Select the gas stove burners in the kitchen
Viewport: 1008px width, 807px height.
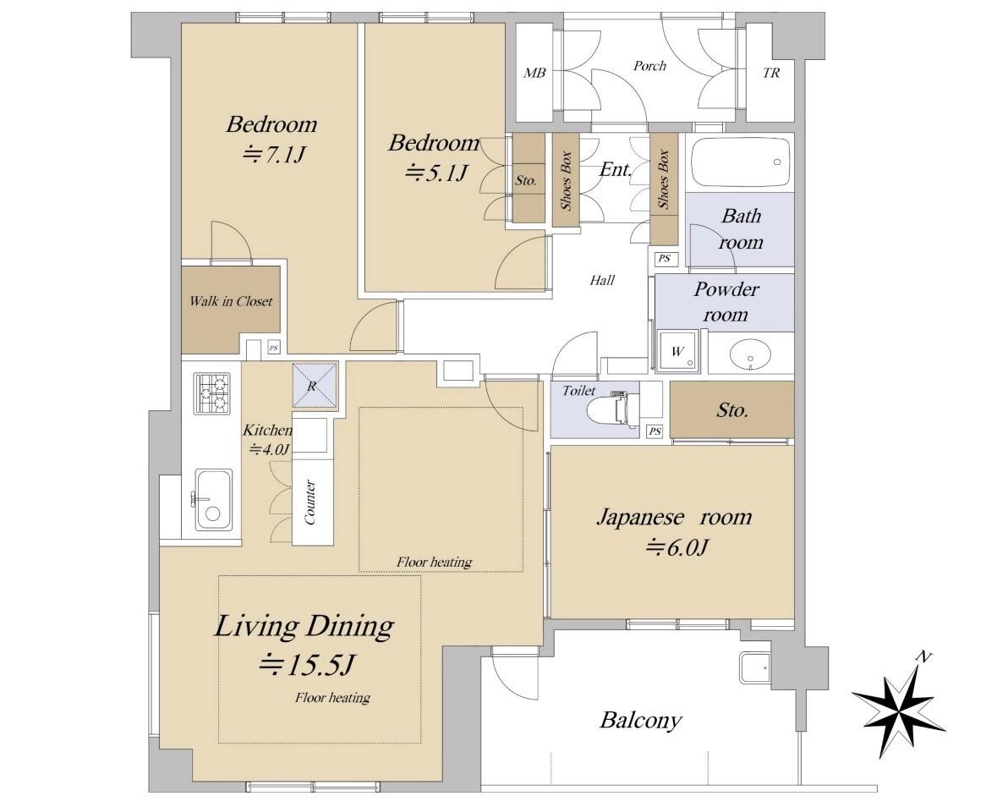(x=213, y=393)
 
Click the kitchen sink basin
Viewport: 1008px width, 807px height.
(x=213, y=500)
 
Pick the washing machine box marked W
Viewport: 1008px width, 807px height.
(x=677, y=352)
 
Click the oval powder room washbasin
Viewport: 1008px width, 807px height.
(x=749, y=354)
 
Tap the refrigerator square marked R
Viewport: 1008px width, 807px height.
(x=315, y=386)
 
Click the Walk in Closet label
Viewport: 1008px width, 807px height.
(x=231, y=301)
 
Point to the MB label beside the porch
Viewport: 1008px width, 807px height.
(x=534, y=73)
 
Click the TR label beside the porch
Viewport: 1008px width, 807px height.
(x=770, y=73)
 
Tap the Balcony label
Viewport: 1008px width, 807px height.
(x=640, y=720)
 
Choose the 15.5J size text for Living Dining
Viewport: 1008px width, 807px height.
(x=307, y=665)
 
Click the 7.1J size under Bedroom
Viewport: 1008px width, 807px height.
(x=272, y=154)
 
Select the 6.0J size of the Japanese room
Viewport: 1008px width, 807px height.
(x=677, y=547)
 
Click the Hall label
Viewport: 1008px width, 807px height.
(x=602, y=280)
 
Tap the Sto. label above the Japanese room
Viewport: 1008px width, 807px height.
(x=732, y=409)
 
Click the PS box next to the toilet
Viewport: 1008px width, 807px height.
(x=655, y=431)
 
